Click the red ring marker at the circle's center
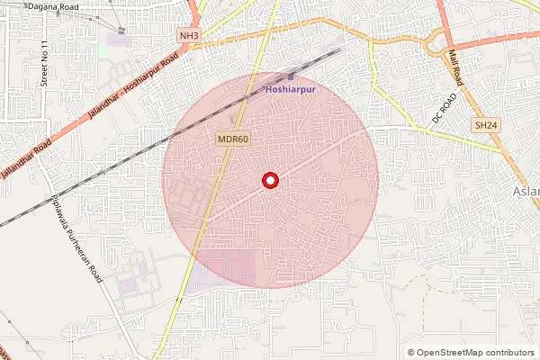(269, 180)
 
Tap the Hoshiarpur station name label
(291, 90)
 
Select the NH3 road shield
(188, 36)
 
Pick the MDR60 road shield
(233, 139)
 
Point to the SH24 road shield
(486, 127)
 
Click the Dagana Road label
(52, 6)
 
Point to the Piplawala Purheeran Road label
(76, 240)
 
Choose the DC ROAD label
(445, 106)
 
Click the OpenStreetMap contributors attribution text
(476, 352)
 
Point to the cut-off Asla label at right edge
(526, 192)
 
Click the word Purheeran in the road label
(87, 261)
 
